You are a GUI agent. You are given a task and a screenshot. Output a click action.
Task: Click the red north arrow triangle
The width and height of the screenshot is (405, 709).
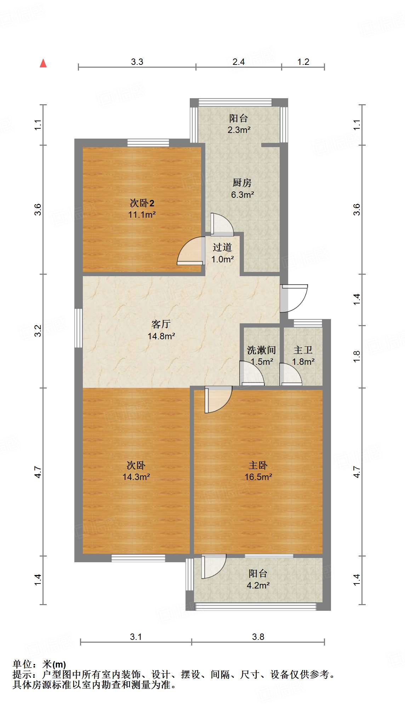click(43, 63)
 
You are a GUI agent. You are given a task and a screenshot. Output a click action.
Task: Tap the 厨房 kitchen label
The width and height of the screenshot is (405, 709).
click(242, 183)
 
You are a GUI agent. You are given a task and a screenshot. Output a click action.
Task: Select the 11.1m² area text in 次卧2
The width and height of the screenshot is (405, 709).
click(142, 214)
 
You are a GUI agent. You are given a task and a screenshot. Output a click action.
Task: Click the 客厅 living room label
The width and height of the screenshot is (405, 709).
click(161, 324)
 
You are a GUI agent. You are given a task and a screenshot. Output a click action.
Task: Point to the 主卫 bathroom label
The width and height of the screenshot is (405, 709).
click(303, 350)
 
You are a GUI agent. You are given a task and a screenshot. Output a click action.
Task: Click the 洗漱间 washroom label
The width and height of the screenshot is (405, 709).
click(261, 350)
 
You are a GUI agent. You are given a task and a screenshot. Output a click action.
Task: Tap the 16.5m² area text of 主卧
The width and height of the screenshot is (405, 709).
click(258, 477)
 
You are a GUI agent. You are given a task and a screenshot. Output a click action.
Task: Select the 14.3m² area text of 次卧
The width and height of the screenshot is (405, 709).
click(136, 477)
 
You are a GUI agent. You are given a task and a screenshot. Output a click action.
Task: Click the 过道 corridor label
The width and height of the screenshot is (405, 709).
click(222, 247)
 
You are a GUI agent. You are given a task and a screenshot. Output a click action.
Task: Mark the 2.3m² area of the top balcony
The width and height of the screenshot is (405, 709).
click(239, 130)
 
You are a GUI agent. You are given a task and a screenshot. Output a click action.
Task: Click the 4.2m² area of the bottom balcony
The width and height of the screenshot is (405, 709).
click(258, 585)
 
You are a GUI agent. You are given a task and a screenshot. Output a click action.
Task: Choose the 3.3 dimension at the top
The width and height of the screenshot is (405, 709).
click(137, 62)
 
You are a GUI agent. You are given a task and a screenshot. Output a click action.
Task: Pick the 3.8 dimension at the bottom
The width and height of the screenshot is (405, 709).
click(258, 637)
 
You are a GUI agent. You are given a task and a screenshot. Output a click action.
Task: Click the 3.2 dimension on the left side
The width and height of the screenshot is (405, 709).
click(38, 331)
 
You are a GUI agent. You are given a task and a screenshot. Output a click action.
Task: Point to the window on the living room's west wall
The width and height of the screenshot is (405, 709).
click(78, 328)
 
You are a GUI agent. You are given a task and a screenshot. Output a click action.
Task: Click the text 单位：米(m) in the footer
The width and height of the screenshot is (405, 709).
click(39, 664)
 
